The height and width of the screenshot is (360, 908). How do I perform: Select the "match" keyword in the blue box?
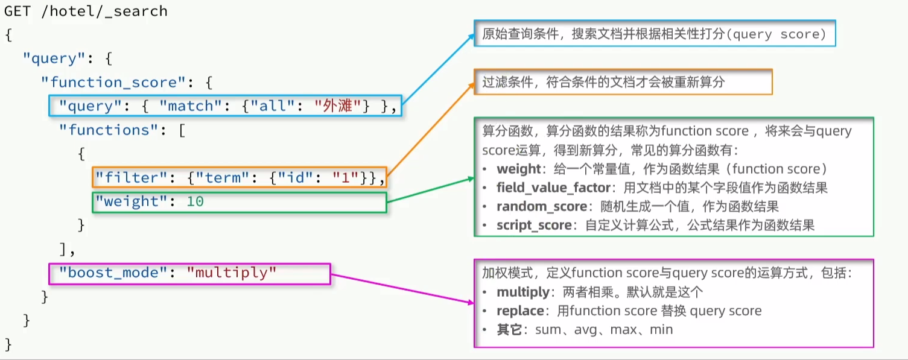pos(186,106)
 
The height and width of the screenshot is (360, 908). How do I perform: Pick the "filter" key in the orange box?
pos(131,177)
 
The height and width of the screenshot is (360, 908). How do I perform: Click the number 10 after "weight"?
pos(195,201)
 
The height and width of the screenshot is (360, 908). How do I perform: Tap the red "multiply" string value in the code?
pos(232,273)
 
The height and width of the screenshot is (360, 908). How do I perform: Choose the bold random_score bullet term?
pos(541,207)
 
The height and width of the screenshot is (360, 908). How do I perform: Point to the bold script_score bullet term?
pos(534,226)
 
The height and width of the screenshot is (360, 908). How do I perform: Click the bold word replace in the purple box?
pos(520,311)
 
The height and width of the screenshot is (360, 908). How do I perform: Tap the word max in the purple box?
pos(623,330)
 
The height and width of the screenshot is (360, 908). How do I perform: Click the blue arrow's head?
pos(473,36)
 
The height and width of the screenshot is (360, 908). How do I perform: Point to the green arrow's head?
pos(472,178)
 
